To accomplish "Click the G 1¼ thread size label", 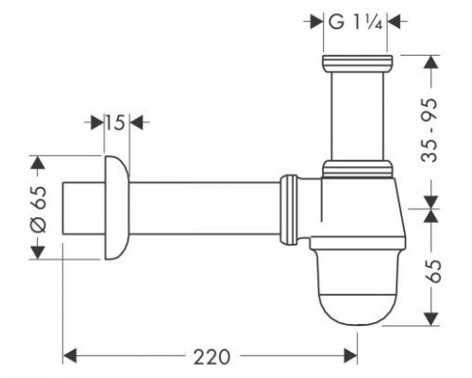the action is (356, 22).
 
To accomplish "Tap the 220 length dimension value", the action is (211, 357).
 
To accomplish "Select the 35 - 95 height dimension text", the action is (430, 130).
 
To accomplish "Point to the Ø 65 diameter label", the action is (39, 210).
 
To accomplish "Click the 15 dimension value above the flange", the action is (115, 122).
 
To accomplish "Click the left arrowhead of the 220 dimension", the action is (70, 356).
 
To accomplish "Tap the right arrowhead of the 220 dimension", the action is (350, 356).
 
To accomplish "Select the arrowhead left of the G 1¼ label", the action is (316, 22).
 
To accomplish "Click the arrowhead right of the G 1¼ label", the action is (394, 22).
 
